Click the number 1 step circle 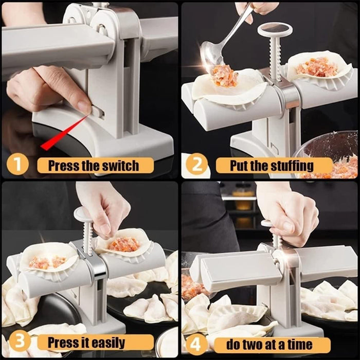point(18,165)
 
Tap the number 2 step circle point(196,165)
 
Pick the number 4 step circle point(196,343)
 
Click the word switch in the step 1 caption point(120,166)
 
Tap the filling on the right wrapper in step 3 point(124,244)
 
